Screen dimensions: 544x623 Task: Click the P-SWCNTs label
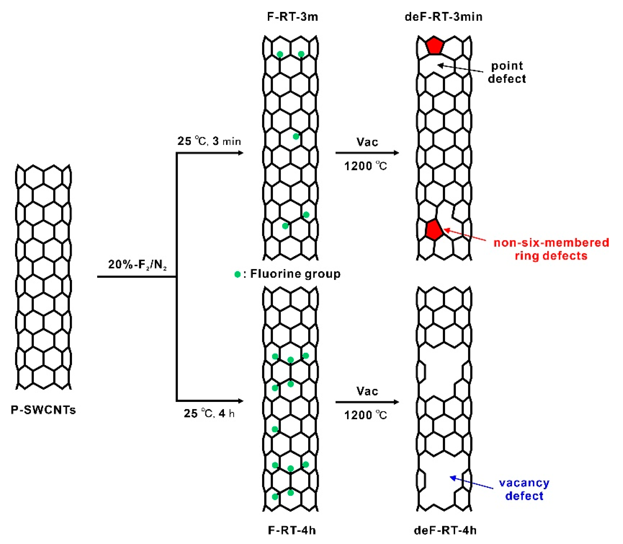pyautogui.click(x=43, y=410)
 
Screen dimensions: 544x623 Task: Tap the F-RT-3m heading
pyautogui.click(x=293, y=17)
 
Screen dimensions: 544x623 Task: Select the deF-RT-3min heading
pyautogui.click(x=443, y=17)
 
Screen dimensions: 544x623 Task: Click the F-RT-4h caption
pyautogui.click(x=292, y=530)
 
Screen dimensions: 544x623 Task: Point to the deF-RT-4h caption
pyautogui.click(x=445, y=530)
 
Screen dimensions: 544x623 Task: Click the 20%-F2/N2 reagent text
pyautogui.click(x=137, y=264)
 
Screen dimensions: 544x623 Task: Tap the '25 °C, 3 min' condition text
pyautogui.click(x=209, y=141)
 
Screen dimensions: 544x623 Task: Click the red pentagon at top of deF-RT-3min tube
pyautogui.click(x=434, y=46)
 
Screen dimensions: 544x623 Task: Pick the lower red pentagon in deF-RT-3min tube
pyautogui.click(x=433, y=230)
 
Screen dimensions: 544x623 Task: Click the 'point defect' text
pyautogui.click(x=507, y=72)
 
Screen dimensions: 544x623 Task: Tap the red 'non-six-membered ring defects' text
pyautogui.click(x=551, y=249)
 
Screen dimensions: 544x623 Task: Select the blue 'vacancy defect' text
pyautogui.click(x=524, y=489)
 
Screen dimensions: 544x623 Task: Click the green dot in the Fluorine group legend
pyautogui.click(x=237, y=274)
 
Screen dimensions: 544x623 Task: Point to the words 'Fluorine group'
pyautogui.click(x=295, y=274)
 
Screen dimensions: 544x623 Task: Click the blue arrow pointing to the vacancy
pyautogui.click(x=471, y=482)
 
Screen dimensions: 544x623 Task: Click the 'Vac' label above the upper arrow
pyautogui.click(x=367, y=142)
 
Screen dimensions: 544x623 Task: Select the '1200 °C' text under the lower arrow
pyautogui.click(x=366, y=415)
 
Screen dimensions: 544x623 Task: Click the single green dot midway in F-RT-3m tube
pyautogui.click(x=296, y=137)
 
